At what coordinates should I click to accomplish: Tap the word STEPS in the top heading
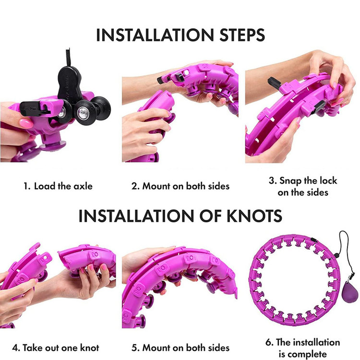tap(242, 35)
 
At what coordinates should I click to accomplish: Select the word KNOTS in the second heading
tap(254, 216)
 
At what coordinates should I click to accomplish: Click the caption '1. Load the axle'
tap(58, 186)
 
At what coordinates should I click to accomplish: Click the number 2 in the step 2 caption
tap(134, 186)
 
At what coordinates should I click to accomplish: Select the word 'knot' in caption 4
tap(90, 348)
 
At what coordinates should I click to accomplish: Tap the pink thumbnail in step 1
tap(26, 123)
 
